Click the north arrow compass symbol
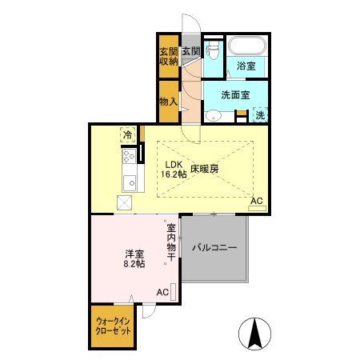[x=254, y=333]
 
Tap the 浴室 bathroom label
[x=246, y=66]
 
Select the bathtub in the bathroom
[x=246, y=46]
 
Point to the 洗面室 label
[x=235, y=94]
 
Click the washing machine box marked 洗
[x=260, y=115]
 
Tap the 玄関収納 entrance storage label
[x=168, y=57]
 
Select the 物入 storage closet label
[x=168, y=102]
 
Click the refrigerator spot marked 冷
[x=128, y=134]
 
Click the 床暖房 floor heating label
[x=205, y=169]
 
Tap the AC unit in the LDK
[x=257, y=207]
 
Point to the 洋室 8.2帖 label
[x=134, y=259]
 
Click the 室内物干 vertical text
[x=171, y=241]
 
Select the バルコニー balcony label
[x=214, y=248]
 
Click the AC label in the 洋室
[x=162, y=292]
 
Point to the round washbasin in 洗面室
[x=212, y=115]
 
